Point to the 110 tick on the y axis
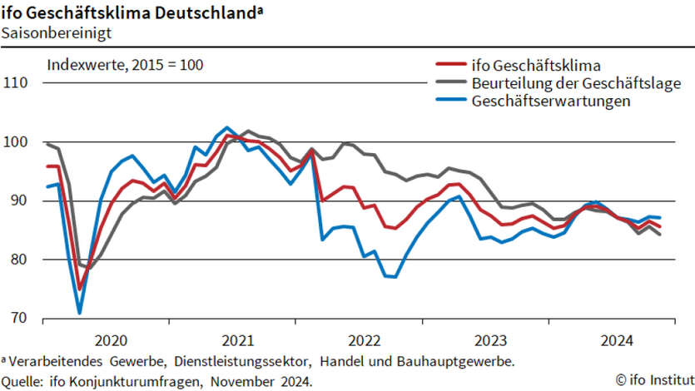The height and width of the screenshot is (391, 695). (x=16, y=83)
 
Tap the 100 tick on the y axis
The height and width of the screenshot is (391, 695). (x=16, y=142)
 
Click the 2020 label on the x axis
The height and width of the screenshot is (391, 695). (x=111, y=339)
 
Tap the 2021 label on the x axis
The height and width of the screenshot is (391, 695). (x=238, y=339)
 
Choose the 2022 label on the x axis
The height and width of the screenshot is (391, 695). (x=365, y=339)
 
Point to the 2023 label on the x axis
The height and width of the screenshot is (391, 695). (x=491, y=339)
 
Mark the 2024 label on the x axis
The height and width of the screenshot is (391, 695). (x=618, y=339)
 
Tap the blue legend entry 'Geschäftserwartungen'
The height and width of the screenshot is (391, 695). (x=550, y=101)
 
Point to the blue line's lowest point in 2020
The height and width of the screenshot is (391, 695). (x=80, y=314)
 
